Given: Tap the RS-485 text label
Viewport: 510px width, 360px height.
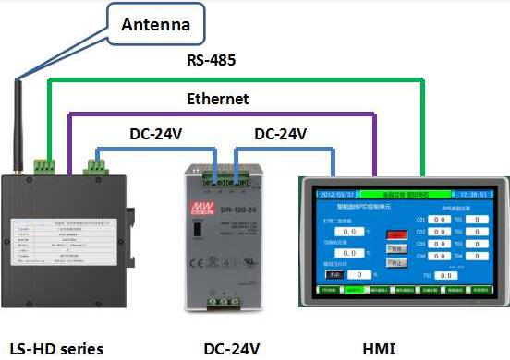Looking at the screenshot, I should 212,62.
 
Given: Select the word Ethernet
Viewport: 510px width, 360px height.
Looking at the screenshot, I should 218,99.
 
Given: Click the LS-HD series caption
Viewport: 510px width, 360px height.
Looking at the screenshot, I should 56,348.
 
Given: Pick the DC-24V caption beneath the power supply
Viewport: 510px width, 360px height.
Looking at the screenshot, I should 232,348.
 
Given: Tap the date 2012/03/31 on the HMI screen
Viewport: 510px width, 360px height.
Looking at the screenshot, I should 336,195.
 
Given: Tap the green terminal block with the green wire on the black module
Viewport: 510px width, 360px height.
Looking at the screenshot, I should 44,166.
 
